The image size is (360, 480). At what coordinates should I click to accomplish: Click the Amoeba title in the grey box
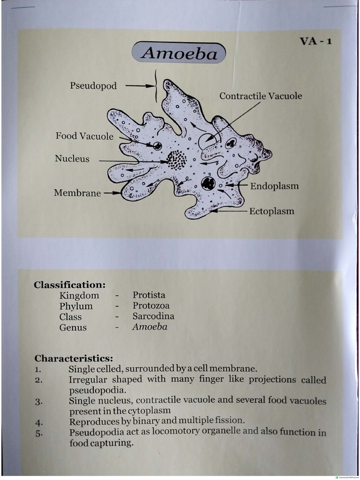tap(179, 53)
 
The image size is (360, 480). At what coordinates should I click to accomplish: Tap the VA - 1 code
tap(315, 41)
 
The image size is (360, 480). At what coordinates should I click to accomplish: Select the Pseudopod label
tap(93, 86)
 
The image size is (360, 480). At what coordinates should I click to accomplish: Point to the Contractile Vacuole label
tap(261, 96)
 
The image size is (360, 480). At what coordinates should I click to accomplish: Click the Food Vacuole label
tap(84, 136)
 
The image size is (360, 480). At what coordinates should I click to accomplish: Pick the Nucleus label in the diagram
tap(72, 158)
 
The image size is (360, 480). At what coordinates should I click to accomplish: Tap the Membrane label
tap(77, 193)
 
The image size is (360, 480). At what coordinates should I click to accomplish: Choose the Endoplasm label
tap(274, 186)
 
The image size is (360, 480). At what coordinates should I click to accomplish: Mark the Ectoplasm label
tap(271, 211)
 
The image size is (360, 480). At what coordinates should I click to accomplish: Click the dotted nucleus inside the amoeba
tap(177, 160)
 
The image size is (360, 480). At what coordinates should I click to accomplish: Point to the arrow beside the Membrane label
tap(112, 193)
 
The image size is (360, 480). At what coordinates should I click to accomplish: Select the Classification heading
tap(69, 285)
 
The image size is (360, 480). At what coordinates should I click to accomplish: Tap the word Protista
tap(149, 295)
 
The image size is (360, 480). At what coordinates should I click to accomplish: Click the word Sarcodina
tap(153, 316)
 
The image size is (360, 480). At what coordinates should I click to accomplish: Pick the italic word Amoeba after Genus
tap(150, 327)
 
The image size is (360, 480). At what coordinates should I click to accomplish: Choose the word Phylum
tap(76, 306)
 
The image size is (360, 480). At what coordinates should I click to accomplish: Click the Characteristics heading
tap(74, 359)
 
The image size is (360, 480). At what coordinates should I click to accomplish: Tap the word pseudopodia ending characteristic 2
tap(97, 390)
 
